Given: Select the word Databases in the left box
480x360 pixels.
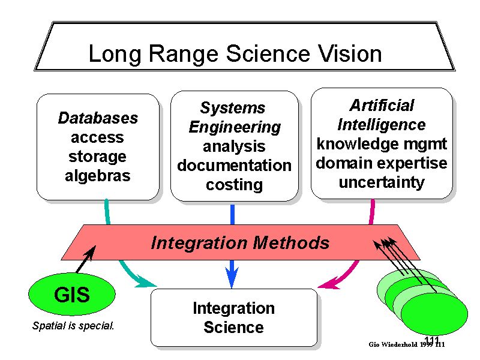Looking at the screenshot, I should click(98, 118).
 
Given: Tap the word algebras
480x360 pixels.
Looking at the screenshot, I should click(98, 176).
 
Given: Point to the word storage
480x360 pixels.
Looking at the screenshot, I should click(98, 157).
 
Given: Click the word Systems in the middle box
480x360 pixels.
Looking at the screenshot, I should click(232, 108).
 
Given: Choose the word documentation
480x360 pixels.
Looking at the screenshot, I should click(234, 165).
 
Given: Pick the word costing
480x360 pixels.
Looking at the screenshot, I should click(234, 185).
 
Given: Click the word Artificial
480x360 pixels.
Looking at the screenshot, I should click(382, 106).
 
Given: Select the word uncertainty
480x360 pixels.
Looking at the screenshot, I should click(382, 182).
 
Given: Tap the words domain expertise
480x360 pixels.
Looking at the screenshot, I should click(382, 163).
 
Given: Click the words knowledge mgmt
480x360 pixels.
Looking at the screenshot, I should click(382, 144).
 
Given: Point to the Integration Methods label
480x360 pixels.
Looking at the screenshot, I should click(240, 243).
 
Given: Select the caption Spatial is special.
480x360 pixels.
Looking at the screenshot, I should click(73, 327).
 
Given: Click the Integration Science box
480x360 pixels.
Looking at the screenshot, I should click(233, 317).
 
